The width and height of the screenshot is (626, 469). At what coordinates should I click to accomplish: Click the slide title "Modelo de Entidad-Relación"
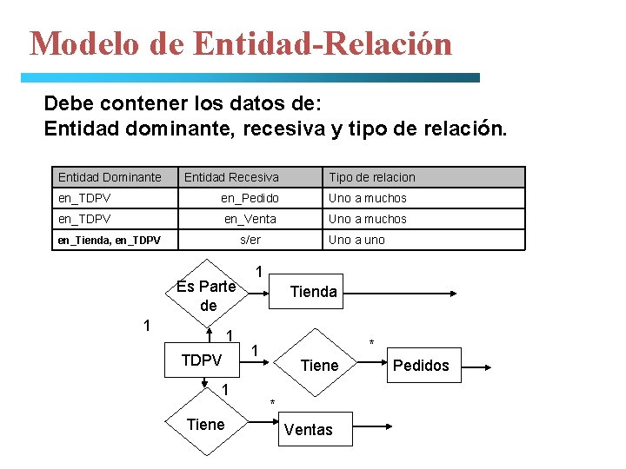point(241,43)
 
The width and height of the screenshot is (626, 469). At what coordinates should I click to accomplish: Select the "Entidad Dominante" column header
point(110,177)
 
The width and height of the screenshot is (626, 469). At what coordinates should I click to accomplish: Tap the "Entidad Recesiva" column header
point(231,177)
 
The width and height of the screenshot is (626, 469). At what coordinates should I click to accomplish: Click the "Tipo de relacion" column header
point(371,177)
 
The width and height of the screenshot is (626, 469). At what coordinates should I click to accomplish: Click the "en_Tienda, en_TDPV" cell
point(109,240)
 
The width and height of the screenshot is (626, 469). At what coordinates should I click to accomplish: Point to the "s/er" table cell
point(250,240)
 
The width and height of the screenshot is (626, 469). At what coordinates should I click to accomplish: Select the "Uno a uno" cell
point(356,240)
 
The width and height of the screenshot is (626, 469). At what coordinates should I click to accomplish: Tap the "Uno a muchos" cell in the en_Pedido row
point(367,198)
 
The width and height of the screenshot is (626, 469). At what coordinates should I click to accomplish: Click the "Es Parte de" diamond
point(207,295)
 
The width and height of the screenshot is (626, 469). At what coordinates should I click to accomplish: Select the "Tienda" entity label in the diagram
point(313,292)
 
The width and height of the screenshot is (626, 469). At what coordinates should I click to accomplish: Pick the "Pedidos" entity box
point(421,366)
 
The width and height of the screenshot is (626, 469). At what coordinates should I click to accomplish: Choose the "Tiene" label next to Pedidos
point(318,366)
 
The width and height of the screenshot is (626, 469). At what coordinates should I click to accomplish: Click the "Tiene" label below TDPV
point(206,424)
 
